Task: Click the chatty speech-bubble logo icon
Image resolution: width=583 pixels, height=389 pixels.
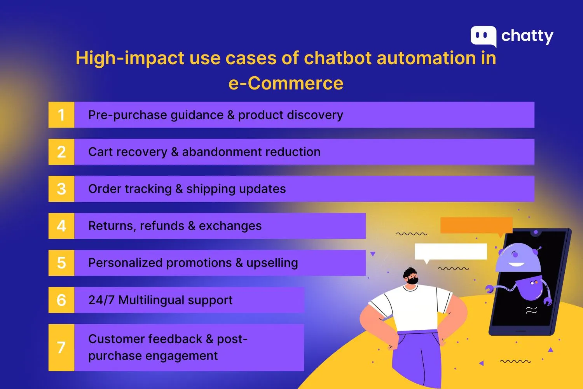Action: pos(483,36)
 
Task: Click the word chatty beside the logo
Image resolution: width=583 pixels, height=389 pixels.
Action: pos(527,36)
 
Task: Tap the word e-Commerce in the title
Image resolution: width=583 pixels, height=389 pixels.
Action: pos(286,83)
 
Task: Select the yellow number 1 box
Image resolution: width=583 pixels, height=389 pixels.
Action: pos(61,115)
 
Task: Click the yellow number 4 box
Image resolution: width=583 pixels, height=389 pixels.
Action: pos(61,226)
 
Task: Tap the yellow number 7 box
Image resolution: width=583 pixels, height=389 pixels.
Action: pos(61,347)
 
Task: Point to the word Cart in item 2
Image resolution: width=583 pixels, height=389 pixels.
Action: pos(100,152)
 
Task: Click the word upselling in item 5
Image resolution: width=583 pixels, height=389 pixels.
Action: pos(272,263)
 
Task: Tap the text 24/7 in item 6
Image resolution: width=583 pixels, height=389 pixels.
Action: pos(101,300)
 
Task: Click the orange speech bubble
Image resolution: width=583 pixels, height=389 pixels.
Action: pos(476,225)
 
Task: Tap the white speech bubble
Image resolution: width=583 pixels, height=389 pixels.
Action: pos(450,251)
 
